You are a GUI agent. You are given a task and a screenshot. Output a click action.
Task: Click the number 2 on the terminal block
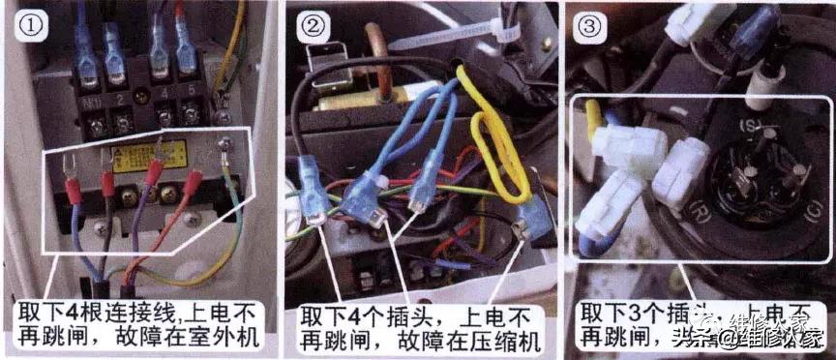[118, 98]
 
